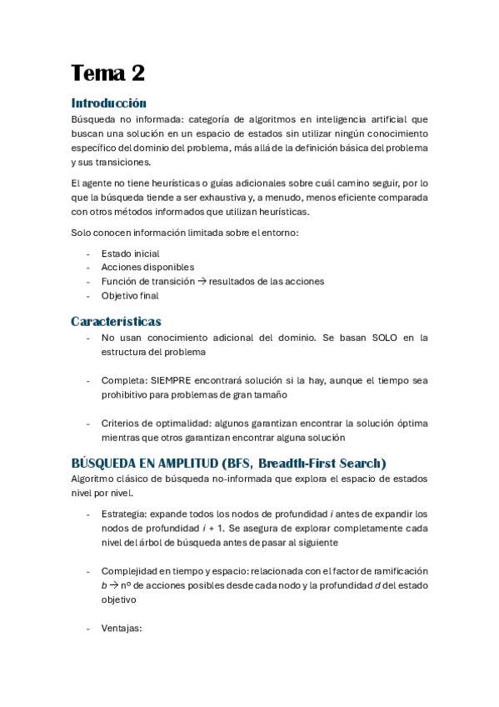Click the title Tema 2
click(107, 73)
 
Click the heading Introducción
click(108, 103)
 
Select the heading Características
click(116, 321)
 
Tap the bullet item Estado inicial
click(130, 253)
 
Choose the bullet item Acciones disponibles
click(147, 267)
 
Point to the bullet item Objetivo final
click(130, 295)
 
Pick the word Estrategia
click(124, 514)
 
